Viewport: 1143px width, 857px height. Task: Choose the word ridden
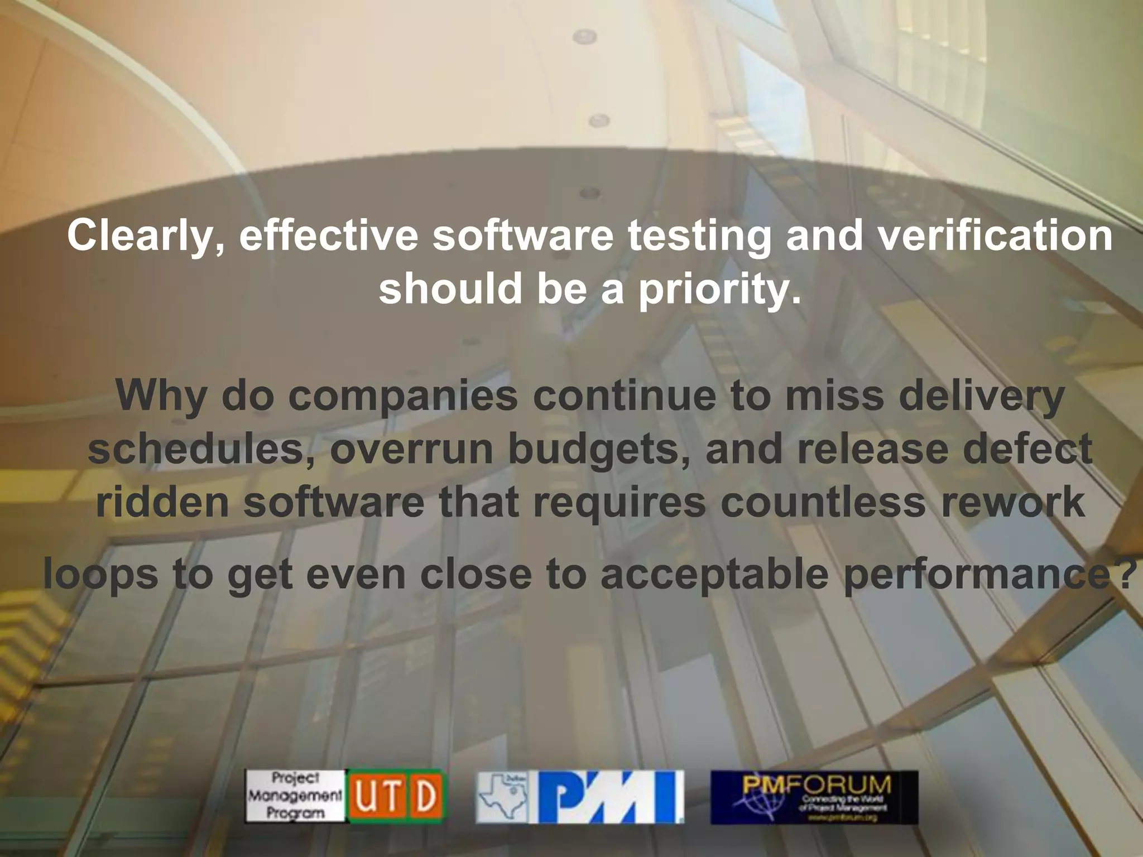point(162,503)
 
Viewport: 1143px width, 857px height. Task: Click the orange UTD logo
point(397,797)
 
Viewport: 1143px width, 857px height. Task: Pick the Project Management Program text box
point(295,797)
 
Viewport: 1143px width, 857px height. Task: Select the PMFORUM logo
point(814,797)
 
